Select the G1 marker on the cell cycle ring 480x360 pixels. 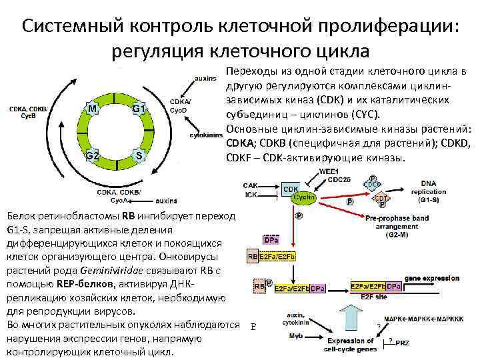139,108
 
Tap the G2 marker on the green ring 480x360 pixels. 93,155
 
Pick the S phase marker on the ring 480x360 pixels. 139,155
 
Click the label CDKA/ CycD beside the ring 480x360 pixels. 180,105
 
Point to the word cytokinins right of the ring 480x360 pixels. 206,135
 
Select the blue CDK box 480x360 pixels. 291,189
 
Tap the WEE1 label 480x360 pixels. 329,171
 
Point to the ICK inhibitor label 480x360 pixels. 251,195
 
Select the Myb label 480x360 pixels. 295,335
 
